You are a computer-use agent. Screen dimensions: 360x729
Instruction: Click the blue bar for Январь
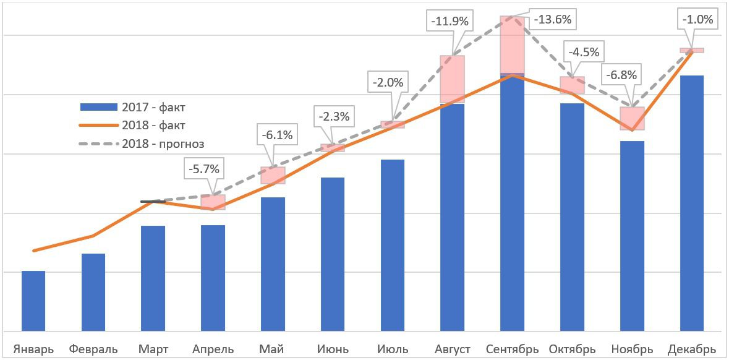click(x=33, y=301)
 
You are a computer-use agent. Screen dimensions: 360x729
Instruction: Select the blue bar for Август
click(x=452, y=217)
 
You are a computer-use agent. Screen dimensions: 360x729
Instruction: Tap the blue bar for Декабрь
click(x=692, y=203)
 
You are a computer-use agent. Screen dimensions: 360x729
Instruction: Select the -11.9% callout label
click(x=451, y=21)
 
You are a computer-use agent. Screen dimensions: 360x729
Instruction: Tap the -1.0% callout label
click(x=698, y=19)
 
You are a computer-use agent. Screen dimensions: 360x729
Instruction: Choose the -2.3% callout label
click(x=334, y=116)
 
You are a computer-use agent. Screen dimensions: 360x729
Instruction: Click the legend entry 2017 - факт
click(x=133, y=108)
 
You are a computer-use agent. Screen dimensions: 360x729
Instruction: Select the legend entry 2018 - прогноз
click(x=142, y=144)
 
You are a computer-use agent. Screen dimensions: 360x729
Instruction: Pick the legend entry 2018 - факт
click(x=133, y=126)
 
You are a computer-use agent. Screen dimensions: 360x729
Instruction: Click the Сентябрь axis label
click(x=513, y=349)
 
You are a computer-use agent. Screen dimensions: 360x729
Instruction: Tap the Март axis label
click(x=153, y=349)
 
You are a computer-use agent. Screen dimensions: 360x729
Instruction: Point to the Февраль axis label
click(x=93, y=349)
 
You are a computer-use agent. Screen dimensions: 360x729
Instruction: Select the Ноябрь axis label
click(x=633, y=349)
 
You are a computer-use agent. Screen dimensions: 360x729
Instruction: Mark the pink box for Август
click(x=452, y=79)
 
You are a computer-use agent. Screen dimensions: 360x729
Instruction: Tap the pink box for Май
click(x=273, y=175)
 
